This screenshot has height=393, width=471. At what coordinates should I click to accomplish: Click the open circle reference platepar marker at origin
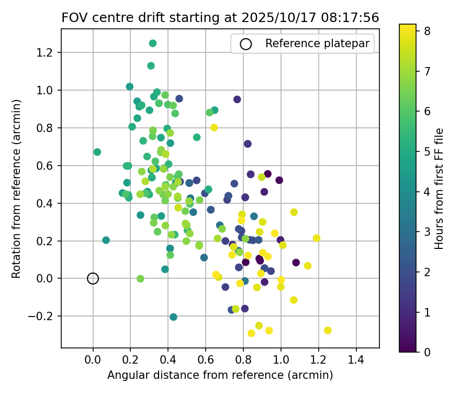[x=93, y=278]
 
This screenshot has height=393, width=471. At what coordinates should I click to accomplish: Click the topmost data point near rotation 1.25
[x=153, y=43]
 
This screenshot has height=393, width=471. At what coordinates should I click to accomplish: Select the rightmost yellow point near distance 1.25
[x=328, y=330]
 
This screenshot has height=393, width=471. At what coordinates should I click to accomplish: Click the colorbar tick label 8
[x=428, y=31]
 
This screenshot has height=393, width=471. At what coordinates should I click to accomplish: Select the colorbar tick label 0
[x=428, y=352]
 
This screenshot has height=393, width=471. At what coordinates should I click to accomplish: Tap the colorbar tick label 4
[x=428, y=192]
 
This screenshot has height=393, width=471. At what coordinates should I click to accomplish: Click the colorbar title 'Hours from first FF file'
[x=440, y=189]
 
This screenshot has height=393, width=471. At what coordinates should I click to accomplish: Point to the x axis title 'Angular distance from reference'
[x=220, y=375]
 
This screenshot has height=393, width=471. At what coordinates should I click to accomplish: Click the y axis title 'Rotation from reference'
[x=16, y=189]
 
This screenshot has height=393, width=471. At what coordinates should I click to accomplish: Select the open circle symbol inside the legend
[x=245, y=44]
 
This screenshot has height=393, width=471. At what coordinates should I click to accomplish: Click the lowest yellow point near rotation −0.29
[x=251, y=333]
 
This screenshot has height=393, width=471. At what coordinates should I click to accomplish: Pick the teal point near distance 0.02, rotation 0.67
[x=97, y=152]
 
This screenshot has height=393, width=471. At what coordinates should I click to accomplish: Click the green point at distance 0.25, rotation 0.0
[x=140, y=279]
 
